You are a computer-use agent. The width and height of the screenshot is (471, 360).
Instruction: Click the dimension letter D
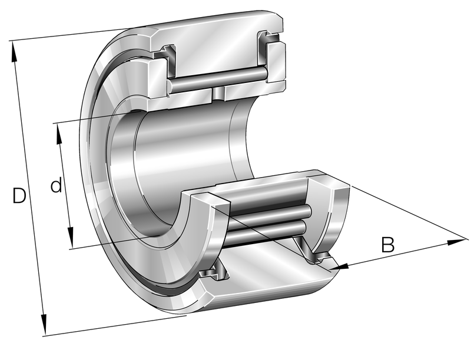point(19,195)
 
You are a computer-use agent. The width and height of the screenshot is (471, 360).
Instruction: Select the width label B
point(387,245)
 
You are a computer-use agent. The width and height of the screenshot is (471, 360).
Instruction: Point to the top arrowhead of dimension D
point(14,52)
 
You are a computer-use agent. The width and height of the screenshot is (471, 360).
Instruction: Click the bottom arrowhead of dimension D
point(44,325)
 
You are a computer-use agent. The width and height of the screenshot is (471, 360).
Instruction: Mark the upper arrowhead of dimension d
point(58,134)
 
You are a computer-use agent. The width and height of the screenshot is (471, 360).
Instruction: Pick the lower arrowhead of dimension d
point(71,238)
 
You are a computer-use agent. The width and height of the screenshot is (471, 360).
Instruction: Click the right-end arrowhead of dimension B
point(457,242)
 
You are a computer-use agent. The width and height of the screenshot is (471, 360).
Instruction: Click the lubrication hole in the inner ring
point(218,94)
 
